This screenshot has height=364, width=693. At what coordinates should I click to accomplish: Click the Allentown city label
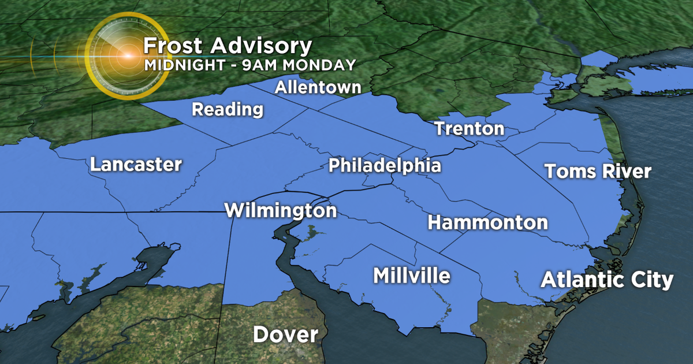coord(318,88)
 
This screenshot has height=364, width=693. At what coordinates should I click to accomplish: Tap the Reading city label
coord(228,109)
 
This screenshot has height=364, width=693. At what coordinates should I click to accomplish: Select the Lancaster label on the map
coord(136,165)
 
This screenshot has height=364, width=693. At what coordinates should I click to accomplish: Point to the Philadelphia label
coord(385,166)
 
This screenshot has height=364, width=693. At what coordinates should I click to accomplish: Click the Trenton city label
coord(469,128)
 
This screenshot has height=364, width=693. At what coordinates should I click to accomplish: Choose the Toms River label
coord(598,172)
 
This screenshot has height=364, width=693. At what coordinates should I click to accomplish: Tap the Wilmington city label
coord(280,210)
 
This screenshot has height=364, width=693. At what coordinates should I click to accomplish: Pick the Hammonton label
coord(487,222)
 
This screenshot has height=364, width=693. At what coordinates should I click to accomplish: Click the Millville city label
coord(411,276)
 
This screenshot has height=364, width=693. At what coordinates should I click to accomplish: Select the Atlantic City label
coord(607,280)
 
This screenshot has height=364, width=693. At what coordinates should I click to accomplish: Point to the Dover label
coord(285,335)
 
